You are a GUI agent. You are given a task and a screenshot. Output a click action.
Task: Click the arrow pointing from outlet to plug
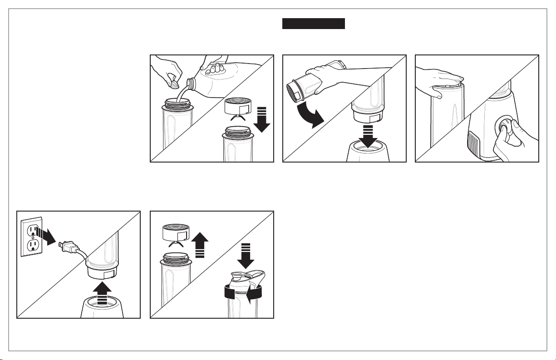[48, 235]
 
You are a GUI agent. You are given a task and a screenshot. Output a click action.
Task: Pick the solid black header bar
[314, 24]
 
